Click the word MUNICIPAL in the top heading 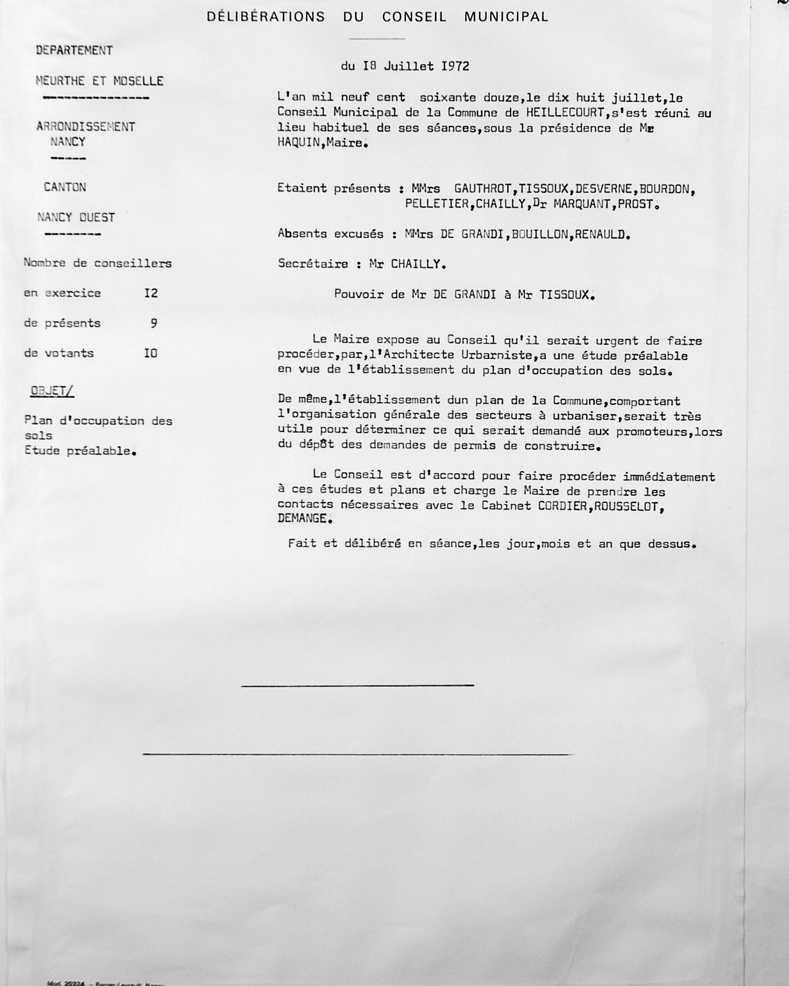(x=506, y=17)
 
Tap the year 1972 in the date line (x=455, y=66)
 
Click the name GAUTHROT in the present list (x=482, y=189)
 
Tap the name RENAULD (x=602, y=234)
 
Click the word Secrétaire (x=313, y=264)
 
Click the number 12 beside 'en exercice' (x=151, y=293)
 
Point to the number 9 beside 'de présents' (x=154, y=323)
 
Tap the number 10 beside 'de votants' (x=151, y=353)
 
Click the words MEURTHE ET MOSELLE (x=99, y=81)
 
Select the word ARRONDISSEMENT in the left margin (x=86, y=127)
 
